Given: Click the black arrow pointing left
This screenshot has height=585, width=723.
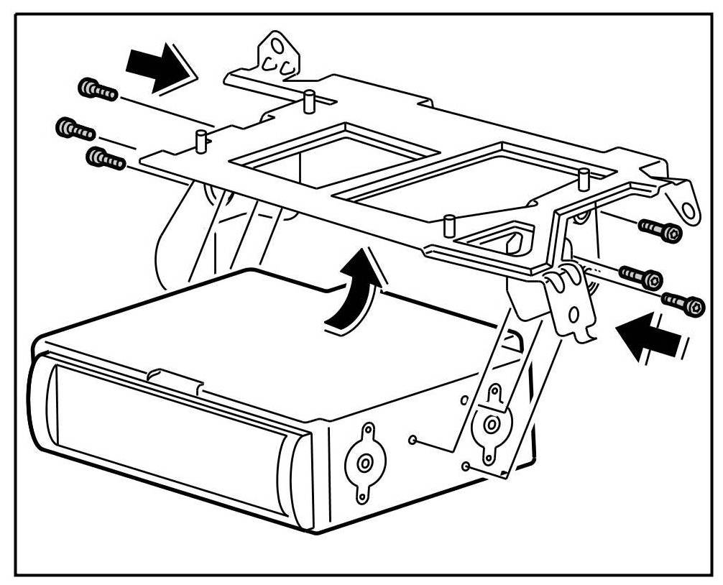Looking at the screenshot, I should (651, 336).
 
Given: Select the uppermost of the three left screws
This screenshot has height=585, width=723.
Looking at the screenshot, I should (96, 90).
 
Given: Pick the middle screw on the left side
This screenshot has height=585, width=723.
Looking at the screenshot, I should (75, 129).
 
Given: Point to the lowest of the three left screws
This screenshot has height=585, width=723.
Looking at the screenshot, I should (105, 158).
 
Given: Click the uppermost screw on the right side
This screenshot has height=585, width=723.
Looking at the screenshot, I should (659, 231).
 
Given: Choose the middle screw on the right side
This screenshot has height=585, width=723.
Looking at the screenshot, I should (641, 276).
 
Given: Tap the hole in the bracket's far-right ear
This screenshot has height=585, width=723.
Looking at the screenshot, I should (691, 211).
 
